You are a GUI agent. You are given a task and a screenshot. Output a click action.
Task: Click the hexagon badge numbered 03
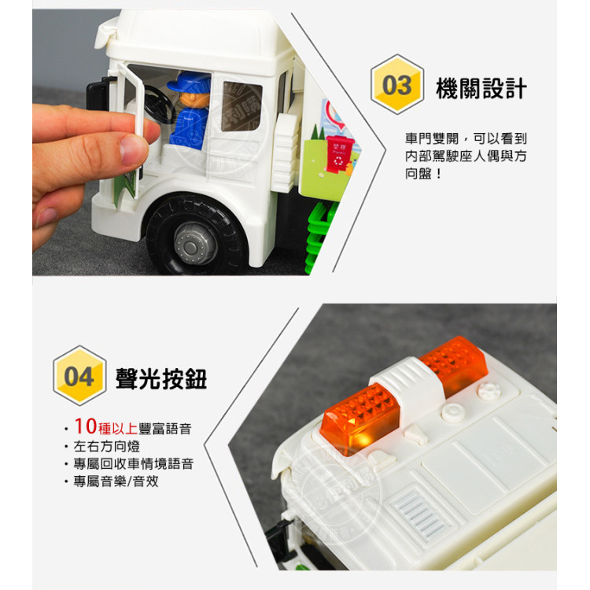(x=396, y=85)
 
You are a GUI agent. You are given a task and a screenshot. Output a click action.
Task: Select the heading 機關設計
(x=481, y=87)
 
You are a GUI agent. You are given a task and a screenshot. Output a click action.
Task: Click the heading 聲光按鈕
(x=160, y=379)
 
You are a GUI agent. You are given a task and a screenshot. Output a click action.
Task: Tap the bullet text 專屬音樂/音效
(x=116, y=481)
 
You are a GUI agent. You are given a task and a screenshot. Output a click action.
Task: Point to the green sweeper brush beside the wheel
(x=317, y=236)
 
